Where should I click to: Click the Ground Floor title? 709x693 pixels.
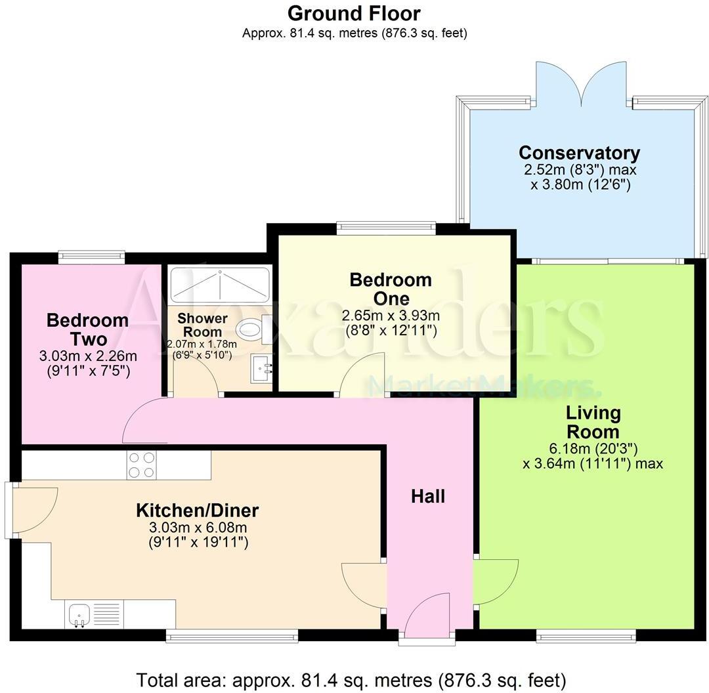tap(354, 13)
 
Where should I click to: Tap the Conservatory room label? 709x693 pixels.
tap(579, 153)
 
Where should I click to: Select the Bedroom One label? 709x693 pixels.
tap(391, 289)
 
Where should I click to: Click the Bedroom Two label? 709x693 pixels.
tap(87, 330)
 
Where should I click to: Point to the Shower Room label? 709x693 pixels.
tap(203, 324)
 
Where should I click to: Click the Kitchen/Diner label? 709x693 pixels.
tap(197, 510)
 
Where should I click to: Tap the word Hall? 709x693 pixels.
tap(428, 496)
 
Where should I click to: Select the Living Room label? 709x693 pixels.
tap(593, 422)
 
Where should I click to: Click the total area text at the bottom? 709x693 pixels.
tap(351, 679)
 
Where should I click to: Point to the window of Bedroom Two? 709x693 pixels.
tap(91, 257)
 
